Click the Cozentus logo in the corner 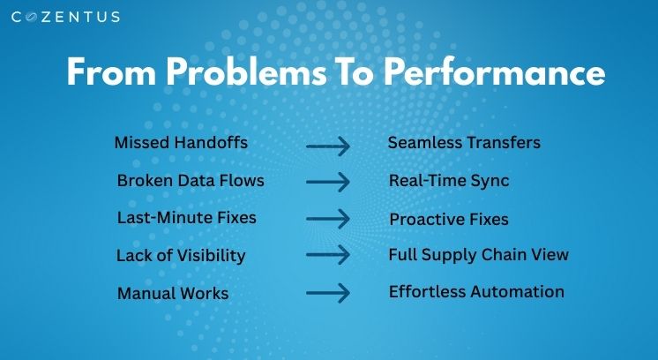[x=65, y=17]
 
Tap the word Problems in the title [x=246, y=71]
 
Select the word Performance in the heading [x=495, y=71]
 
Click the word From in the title [x=112, y=71]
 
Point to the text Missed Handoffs [x=181, y=143]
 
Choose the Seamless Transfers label [x=464, y=143]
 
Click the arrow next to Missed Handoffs [x=328, y=146]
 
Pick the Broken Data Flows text [x=191, y=181]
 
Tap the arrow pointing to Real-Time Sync [x=328, y=182]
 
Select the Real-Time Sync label [x=449, y=181]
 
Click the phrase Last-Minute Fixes [x=187, y=218]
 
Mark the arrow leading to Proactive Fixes [x=328, y=219]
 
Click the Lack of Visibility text [x=181, y=256]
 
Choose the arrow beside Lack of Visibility [x=328, y=255]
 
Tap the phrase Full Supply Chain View [x=478, y=255]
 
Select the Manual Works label [x=173, y=293]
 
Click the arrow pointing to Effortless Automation [x=328, y=293]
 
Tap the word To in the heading [x=355, y=71]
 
